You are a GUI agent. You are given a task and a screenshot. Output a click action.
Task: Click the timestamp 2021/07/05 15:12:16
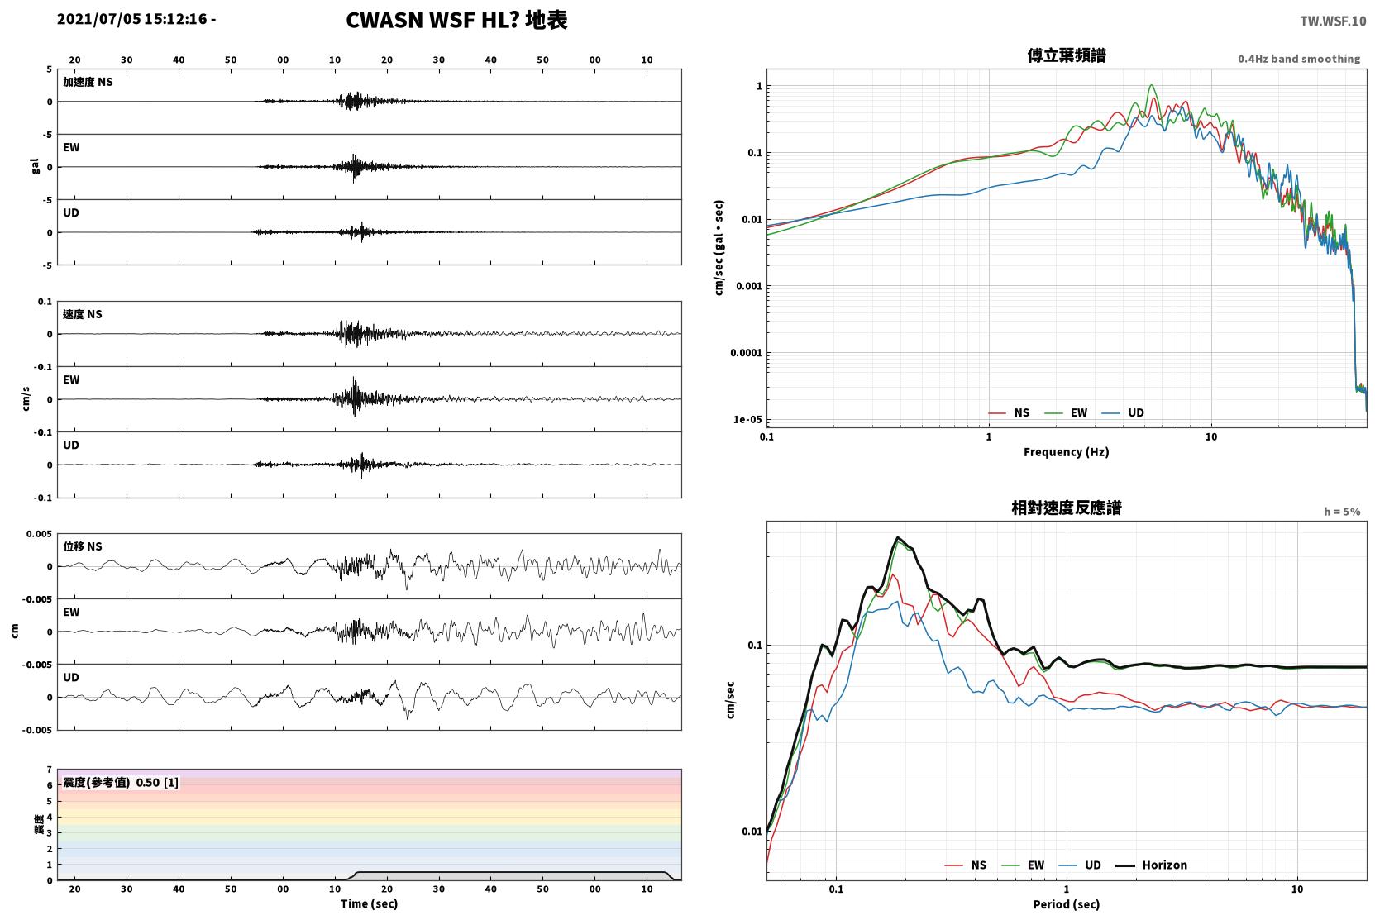click(132, 19)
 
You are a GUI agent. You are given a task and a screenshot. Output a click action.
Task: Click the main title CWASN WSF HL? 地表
click(456, 21)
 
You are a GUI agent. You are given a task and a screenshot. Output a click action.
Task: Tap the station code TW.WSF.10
click(1333, 21)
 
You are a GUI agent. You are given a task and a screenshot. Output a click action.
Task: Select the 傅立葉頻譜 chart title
click(1067, 56)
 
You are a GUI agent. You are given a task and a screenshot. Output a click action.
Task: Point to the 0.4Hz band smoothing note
click(1299, 59)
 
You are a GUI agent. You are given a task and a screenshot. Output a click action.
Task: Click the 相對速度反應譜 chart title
click(1067, 508)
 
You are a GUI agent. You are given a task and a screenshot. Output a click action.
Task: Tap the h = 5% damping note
click(1342, 512)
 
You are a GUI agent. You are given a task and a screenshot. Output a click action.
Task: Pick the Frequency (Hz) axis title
click(1067, 452)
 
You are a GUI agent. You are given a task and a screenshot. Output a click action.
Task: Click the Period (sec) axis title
click(1067, 904)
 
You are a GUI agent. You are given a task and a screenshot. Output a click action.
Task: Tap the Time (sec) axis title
click(369, 904)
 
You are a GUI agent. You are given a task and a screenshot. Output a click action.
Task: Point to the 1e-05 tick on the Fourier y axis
click(747, 420)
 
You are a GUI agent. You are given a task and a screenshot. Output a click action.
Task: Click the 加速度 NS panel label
click(88, 82)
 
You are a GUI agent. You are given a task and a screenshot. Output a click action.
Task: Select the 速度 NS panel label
click(82, 314)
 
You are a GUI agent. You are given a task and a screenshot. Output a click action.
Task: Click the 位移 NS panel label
click(82, 547)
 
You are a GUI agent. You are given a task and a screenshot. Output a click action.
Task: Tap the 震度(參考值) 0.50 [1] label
click(121, 783)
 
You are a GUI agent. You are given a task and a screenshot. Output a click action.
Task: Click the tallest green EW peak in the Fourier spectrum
click(1152, 85)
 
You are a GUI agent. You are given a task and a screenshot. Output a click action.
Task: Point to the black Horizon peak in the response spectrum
click(897, 537)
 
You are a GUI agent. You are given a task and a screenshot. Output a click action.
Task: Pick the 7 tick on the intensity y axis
click(49, 770)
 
